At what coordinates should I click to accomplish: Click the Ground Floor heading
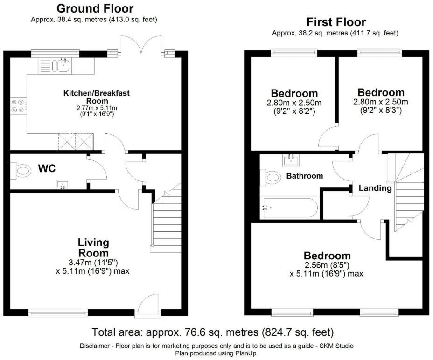[95, 9]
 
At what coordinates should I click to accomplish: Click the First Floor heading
[336, 22]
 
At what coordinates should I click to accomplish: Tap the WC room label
[47, 168]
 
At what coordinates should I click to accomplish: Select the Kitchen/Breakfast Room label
[97, 97]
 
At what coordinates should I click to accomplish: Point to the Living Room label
[93, 248]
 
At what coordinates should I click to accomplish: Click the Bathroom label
[305, 176]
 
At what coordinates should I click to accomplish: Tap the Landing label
[375, 188]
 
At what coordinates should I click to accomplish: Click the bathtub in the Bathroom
[289, 208]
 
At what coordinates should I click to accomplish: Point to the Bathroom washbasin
[291, 160]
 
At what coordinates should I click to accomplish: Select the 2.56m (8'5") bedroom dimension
[327, 265]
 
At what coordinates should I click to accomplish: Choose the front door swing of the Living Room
[148, 302]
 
